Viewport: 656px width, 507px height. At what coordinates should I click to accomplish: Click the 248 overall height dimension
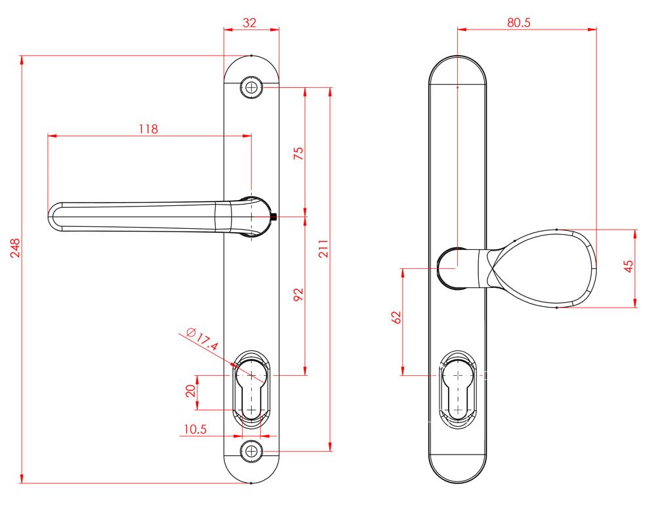click(15, 248)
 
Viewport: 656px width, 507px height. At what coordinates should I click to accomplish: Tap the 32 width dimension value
click(249, 22)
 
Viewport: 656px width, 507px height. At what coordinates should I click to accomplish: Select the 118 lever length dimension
click(148, 129)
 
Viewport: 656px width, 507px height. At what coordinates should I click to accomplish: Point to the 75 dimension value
click(298, 153)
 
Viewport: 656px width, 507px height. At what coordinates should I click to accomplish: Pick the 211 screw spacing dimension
click(324, 249)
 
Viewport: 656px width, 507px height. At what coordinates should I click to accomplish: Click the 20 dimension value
click(191, 391)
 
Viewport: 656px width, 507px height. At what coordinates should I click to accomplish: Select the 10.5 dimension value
click(195, 429)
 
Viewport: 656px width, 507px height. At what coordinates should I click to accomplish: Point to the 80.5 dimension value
click(519, 22)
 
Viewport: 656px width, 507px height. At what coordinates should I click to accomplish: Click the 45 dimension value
click(629, 266)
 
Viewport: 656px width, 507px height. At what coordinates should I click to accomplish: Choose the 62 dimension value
click(396, 317)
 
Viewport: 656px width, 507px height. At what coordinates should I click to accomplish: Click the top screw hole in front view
click(251, 88)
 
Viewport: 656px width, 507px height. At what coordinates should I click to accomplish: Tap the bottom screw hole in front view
click(251, 451)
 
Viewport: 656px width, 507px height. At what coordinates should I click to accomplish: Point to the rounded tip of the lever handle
click(52, 216)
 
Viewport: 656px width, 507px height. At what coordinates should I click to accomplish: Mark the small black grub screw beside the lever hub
click(274, 216)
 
